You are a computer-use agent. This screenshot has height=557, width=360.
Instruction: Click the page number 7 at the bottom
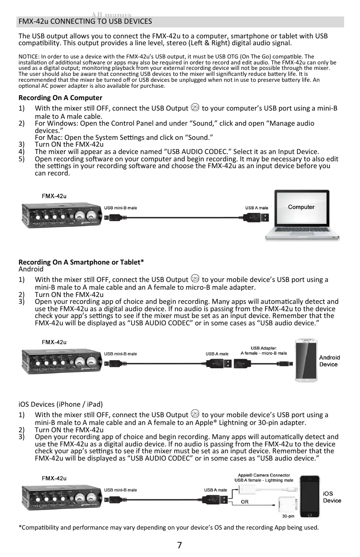[x=180, y=545]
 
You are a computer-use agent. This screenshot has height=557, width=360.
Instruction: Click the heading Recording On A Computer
[x=60, y=98]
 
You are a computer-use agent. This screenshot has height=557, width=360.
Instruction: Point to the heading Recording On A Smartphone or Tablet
[x=81, y=262]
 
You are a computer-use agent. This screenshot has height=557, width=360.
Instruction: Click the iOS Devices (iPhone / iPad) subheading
[x=60, y=404]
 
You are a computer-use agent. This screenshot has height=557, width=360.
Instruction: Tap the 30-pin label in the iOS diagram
[x=288, y=516]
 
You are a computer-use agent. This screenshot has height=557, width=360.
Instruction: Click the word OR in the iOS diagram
[x=245, y=501]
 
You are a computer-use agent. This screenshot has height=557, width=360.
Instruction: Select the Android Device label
[x=329, y=361]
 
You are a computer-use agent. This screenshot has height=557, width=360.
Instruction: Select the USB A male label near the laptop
[x=257, y=208]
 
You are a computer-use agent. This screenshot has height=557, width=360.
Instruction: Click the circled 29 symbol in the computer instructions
[x=195, y=108]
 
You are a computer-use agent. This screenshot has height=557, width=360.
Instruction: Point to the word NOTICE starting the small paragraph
[x=28, y=57]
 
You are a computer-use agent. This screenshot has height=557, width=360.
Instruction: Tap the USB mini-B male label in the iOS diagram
[x=121, y=490]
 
